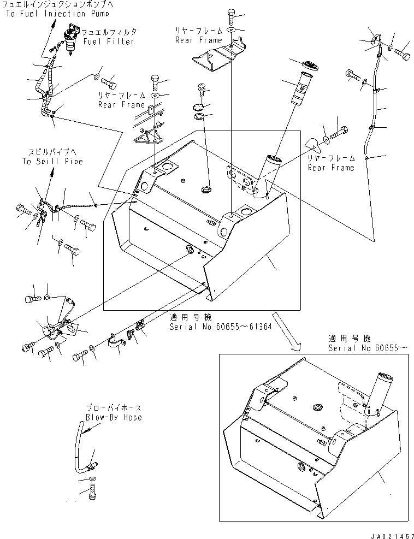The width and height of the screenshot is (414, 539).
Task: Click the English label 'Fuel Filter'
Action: [109, 42]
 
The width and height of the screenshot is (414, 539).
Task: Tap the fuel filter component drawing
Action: [70, 41]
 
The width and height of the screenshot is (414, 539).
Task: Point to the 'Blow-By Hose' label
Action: [114, 417]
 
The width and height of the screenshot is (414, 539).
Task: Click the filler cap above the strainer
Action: [310, 66]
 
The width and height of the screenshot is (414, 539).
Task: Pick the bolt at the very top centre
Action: [231, 16]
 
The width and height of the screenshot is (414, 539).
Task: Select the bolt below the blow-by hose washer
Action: [92, 493]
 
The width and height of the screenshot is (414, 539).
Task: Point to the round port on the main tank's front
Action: [190, 250]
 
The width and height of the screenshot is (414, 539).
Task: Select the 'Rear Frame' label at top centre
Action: [199, 40]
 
